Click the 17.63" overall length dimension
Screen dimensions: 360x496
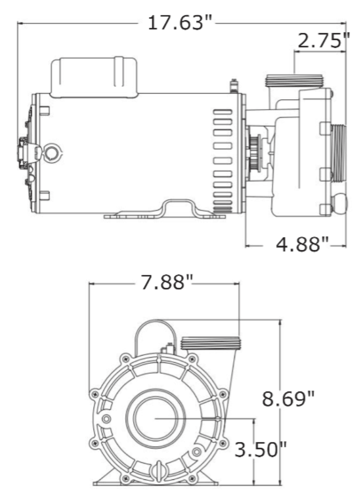pos(179,23)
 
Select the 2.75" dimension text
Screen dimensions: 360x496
pos(324,40)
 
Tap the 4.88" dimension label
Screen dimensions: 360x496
pos(302,244)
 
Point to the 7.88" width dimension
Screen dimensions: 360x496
pos(166,282)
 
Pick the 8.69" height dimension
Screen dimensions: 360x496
pos(288,399)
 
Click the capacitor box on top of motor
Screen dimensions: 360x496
pos(94,77)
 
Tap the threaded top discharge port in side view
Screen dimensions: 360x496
pos(294,81)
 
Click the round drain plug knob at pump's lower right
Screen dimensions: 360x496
pos(339,203)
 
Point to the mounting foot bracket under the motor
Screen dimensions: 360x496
pos(165,209)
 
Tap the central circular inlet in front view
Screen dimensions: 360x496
pos(155,418)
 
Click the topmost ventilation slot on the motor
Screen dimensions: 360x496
pos(223,112)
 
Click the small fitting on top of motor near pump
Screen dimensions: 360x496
pos(234,86)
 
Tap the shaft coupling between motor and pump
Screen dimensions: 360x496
pos(254,153)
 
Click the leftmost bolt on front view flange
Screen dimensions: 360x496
pos(95,394)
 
